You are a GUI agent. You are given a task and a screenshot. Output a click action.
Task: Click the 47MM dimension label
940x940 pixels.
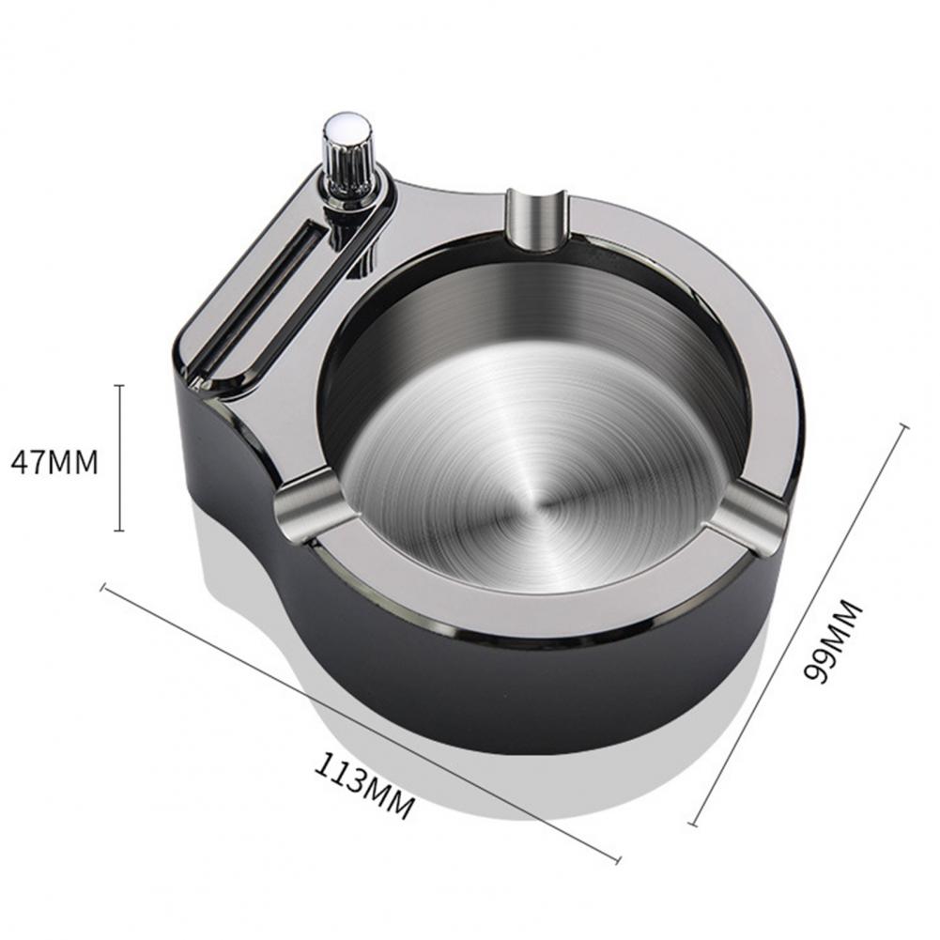(54, 463)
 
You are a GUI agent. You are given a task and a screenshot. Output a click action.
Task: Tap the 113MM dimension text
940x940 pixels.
(363, 786)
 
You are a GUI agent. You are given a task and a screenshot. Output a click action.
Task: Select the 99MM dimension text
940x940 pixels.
(832, 640)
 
